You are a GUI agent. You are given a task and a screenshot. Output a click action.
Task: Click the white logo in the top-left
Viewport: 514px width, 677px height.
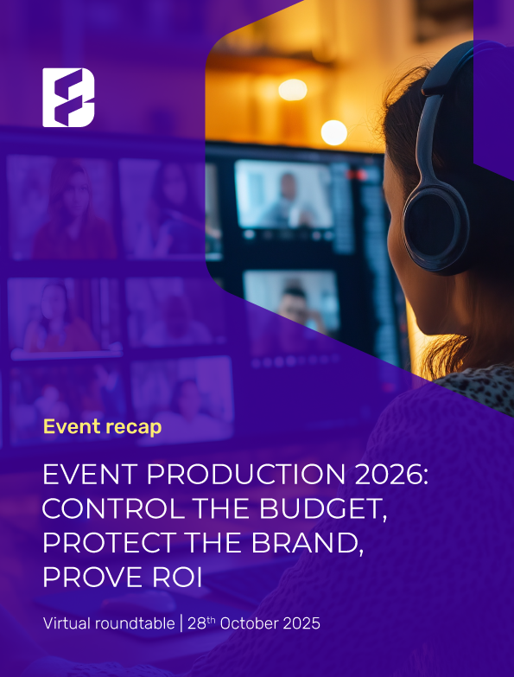coord(68,98)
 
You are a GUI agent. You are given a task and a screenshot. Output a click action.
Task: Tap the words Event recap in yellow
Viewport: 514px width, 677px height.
coord(102,426)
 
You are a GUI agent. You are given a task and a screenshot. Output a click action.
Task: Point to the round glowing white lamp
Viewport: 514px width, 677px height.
coord(333,132)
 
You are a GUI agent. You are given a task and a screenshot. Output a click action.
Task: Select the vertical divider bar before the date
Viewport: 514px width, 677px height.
coord(181,623)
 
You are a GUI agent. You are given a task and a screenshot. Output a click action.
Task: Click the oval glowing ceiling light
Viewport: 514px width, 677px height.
coord(293,89)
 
